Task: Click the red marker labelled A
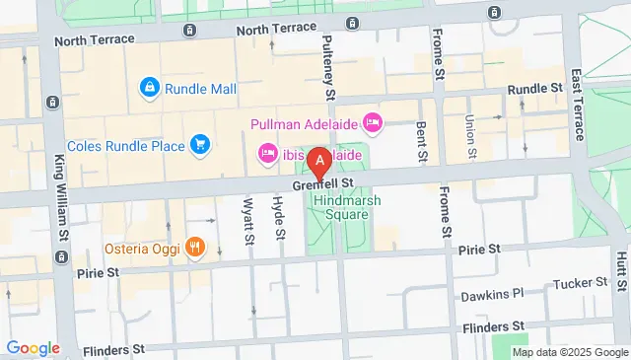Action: [x=319, y=161]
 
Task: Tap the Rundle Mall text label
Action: [x=202, y=89]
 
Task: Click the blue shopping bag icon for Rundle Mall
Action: [x=150, y=88]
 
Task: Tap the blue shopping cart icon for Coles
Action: [x=200, y=146]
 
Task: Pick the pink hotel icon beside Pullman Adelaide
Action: [x=372, y=123]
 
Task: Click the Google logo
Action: [x=33, y=348]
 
